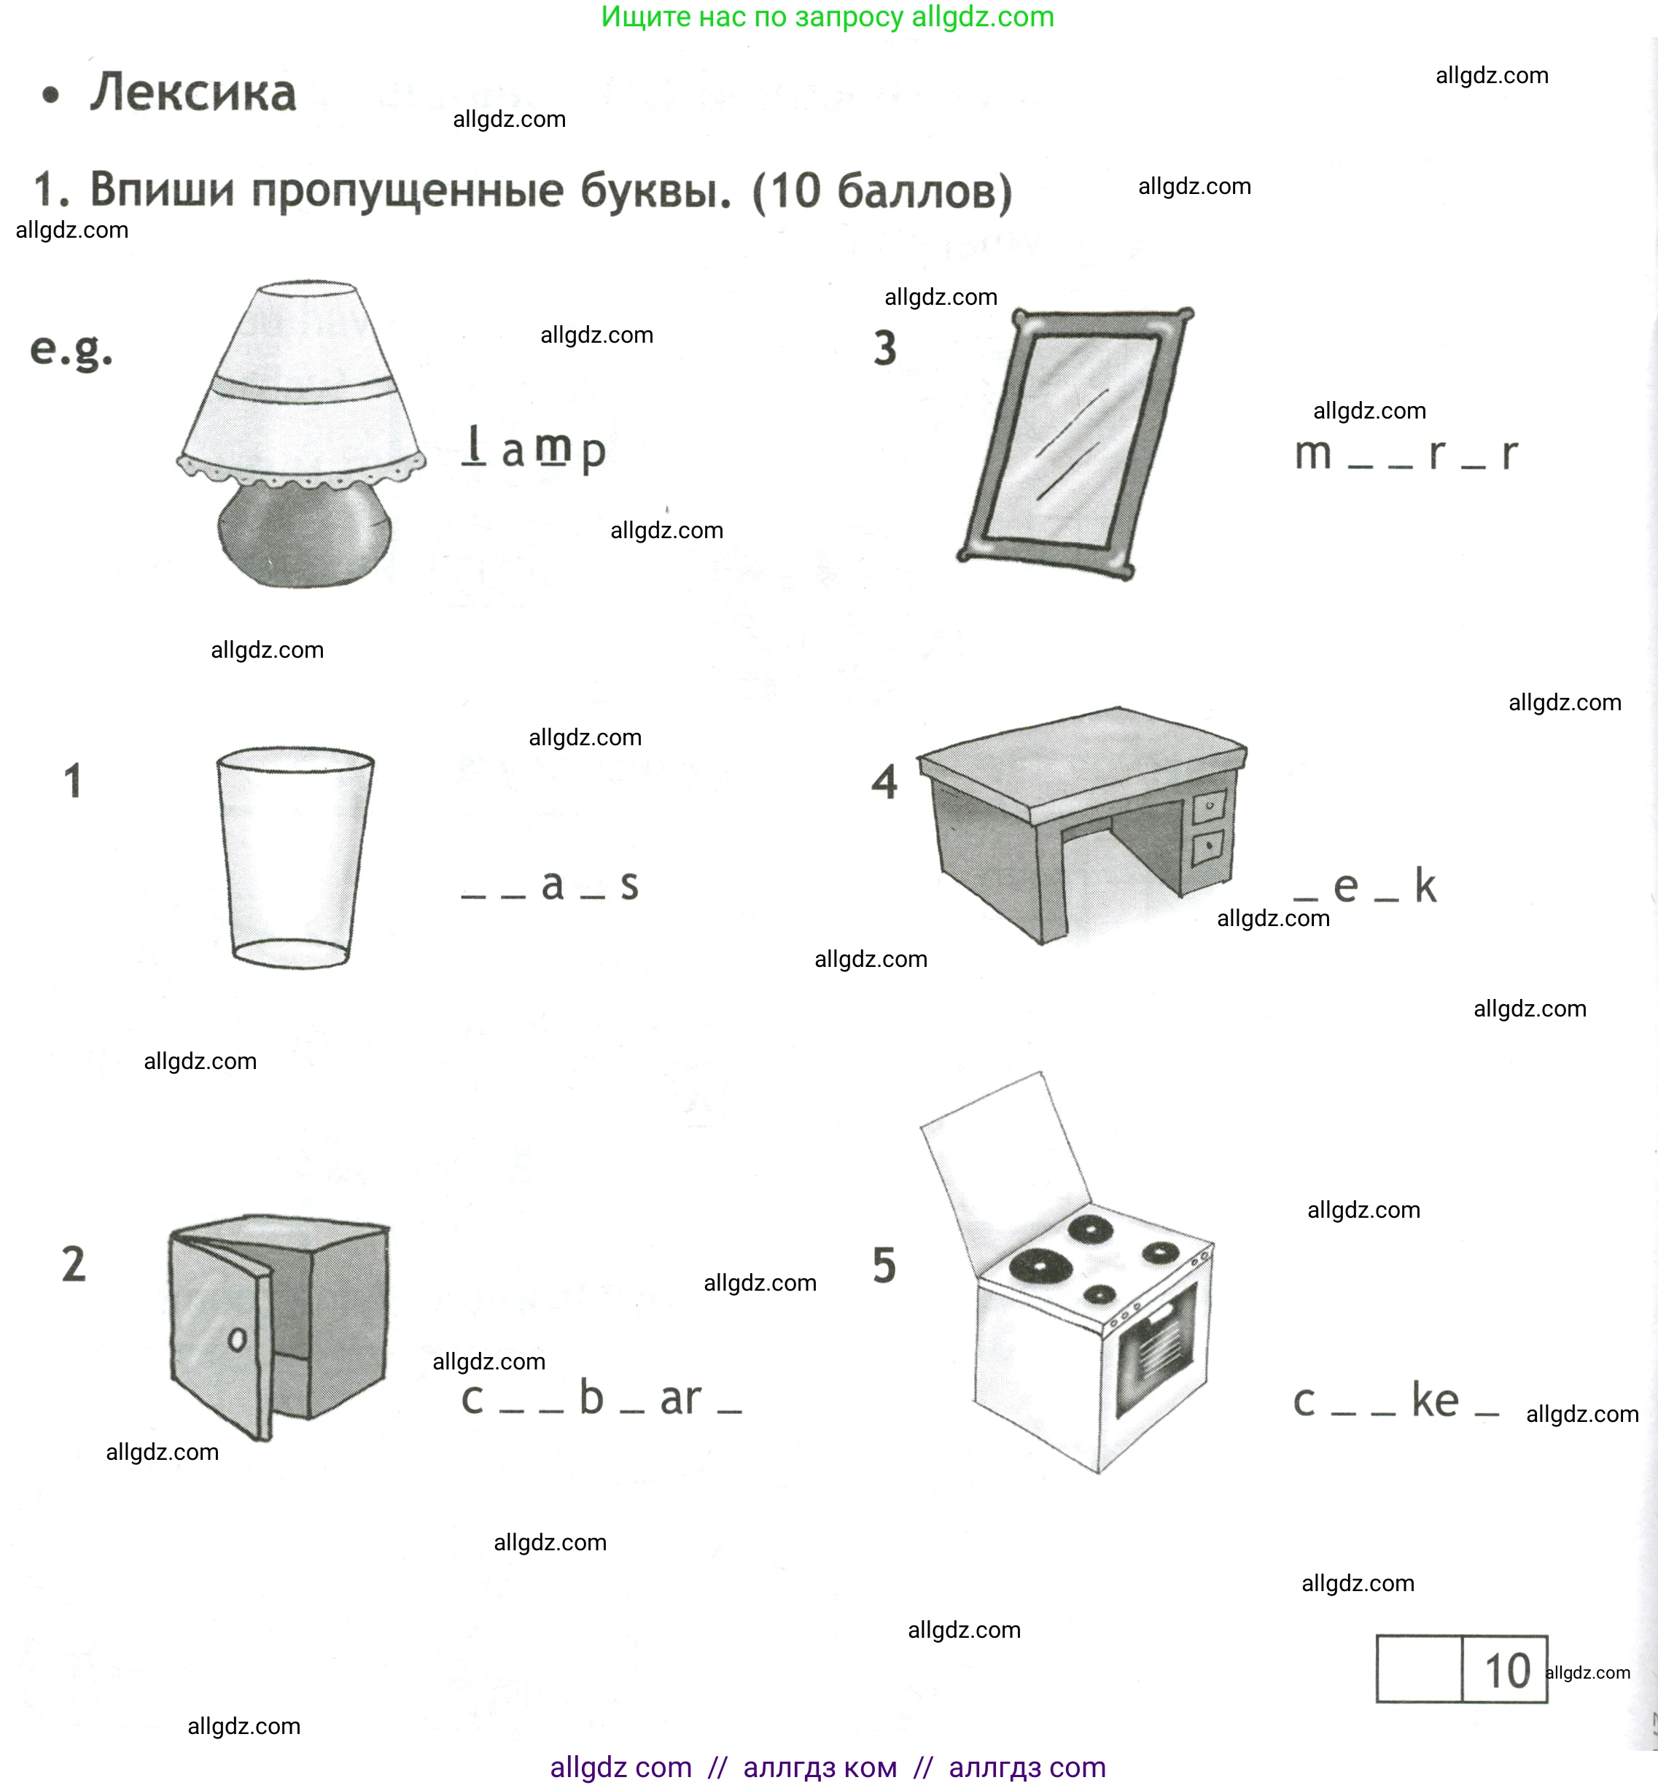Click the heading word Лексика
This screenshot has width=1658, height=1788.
click(193, 93)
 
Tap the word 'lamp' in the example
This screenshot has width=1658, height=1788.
click(534, 448)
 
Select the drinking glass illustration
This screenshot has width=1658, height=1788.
click(295, 857)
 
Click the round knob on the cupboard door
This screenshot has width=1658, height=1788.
click(237, 1340)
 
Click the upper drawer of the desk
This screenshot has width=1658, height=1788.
click(1209, 806)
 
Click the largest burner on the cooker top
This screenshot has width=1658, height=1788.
click(1040, 1265)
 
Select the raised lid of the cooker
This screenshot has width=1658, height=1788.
click(1005, 1157)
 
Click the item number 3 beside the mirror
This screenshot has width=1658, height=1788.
click(884, 348)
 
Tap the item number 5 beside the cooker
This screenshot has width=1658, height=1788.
click(884, 1265)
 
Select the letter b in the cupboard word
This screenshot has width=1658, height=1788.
click(591, 1397)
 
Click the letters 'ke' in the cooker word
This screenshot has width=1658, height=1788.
click(1435, 1399)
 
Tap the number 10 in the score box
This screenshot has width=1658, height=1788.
click(1506, 1671)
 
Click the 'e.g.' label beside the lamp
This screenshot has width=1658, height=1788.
click(71, 350)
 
